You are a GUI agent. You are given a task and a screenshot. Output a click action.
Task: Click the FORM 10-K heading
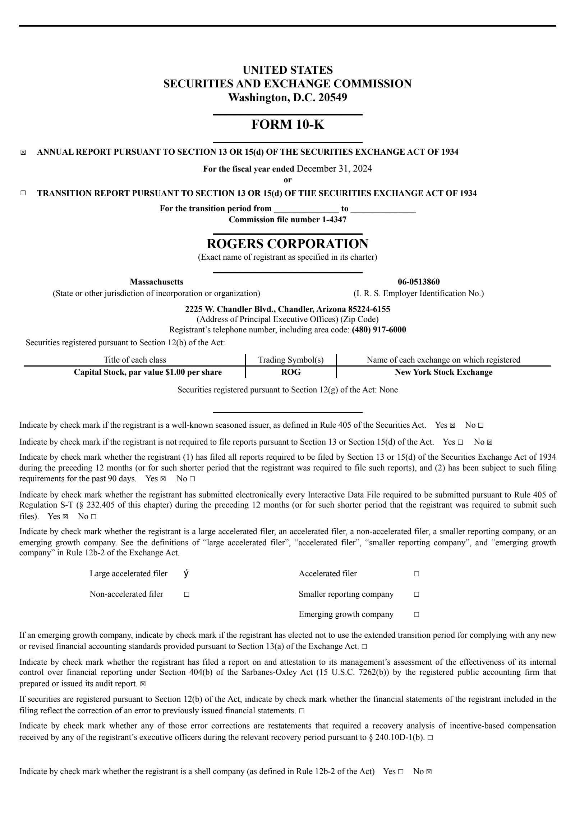click(x=287, y=125)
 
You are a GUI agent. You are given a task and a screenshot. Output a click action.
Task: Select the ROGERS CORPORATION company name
click(x=287, y=244)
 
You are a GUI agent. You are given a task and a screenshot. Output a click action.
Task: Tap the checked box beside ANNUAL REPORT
click(x=23, y=153)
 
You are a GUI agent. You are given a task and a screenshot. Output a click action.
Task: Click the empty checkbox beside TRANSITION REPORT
click(x=23, y=194)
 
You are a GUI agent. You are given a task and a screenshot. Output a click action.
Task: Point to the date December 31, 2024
click(x=334, y=169)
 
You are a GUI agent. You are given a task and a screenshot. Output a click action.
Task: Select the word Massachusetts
click(x=156, y=282)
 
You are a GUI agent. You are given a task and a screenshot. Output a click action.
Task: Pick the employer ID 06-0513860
click(x=419, y=282)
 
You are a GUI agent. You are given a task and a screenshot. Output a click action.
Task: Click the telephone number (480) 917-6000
click(x=379, y=330)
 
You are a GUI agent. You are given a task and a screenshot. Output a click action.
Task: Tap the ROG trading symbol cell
click(x=291, y=372)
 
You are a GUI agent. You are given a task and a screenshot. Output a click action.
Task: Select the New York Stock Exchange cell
click(x=443, y=372)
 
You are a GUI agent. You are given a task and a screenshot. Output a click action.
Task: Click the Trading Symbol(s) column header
click(x=291, y=360)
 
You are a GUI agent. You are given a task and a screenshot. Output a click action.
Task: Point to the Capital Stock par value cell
click(x=148, y=372)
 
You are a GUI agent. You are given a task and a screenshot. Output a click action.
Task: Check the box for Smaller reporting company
click(x=416, y=594)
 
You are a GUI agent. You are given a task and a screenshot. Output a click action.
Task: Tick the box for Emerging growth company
click(x=416, y=614)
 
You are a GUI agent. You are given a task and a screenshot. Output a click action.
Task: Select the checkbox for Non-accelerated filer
click(x=187, y=594)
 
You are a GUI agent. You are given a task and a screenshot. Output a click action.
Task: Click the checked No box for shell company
click(x=429, y=772)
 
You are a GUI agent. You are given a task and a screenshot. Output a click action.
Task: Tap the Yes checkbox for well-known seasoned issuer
click(x=452, y=426)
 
